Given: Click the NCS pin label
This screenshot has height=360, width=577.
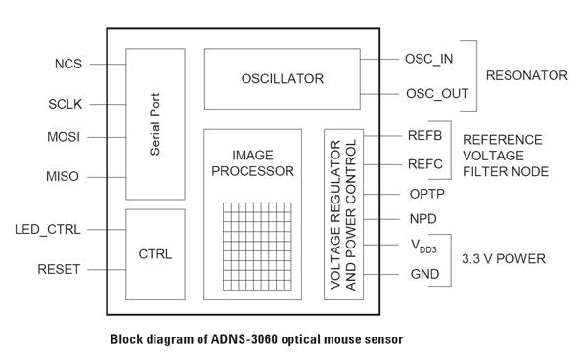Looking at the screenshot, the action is pos(68,64).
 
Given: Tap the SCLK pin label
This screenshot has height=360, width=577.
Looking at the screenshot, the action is pos(66,104).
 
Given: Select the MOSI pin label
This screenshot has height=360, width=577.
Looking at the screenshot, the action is pos(64,137).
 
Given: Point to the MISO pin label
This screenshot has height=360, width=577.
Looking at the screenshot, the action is pos(63,177).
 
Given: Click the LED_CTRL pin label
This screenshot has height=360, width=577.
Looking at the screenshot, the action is pos(48,230).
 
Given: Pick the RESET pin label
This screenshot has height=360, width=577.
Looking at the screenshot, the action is pos(59,269).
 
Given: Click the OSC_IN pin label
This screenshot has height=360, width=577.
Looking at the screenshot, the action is pos(428,60).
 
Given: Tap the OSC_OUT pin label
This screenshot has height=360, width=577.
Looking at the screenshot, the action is pos(437,94).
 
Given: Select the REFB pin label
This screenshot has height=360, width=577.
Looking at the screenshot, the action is pos(424,135).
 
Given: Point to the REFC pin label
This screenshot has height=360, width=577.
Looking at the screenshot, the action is pos(425,164).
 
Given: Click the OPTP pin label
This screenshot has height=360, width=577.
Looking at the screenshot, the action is pos(426,194).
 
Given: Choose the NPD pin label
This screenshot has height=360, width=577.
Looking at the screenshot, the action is pos(423,219).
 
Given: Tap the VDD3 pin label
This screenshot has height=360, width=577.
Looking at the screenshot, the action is pos(423,246).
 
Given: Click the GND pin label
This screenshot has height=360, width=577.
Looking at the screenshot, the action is pos(424,274).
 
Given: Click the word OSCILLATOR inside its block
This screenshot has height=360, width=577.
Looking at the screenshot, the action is pos(283,79).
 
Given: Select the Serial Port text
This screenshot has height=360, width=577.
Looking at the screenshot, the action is pos(155,124).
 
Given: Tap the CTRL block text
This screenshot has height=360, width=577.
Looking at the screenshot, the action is pos(155,254).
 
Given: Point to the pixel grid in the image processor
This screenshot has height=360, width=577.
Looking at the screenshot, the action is pos(257,247).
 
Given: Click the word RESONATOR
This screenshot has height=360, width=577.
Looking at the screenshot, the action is pos(526,75).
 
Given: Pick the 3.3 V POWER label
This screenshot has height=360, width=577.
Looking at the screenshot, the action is pos(504,259).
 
